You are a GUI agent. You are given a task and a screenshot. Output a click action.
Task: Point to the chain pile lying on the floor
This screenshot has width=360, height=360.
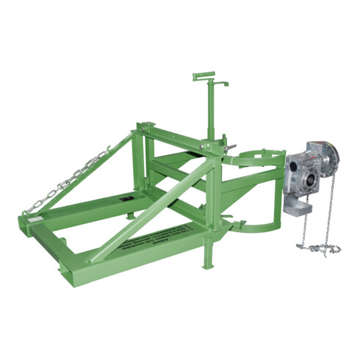(319, 248)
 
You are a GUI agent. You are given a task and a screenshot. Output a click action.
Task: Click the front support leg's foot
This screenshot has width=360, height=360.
(209, 265)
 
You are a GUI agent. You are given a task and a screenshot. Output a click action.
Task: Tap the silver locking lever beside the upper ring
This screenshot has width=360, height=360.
(228, 151)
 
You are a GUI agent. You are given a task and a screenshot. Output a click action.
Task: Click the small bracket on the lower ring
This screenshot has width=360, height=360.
(240, 217)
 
